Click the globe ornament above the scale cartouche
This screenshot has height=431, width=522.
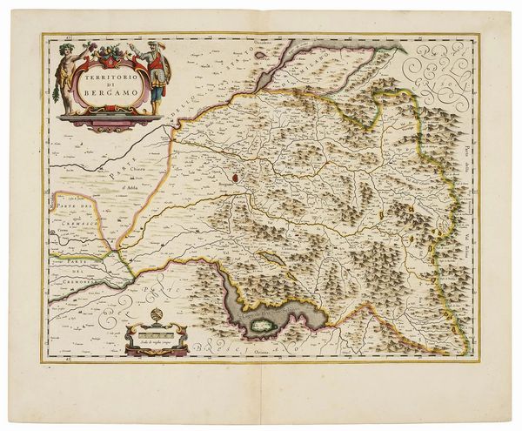157,315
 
